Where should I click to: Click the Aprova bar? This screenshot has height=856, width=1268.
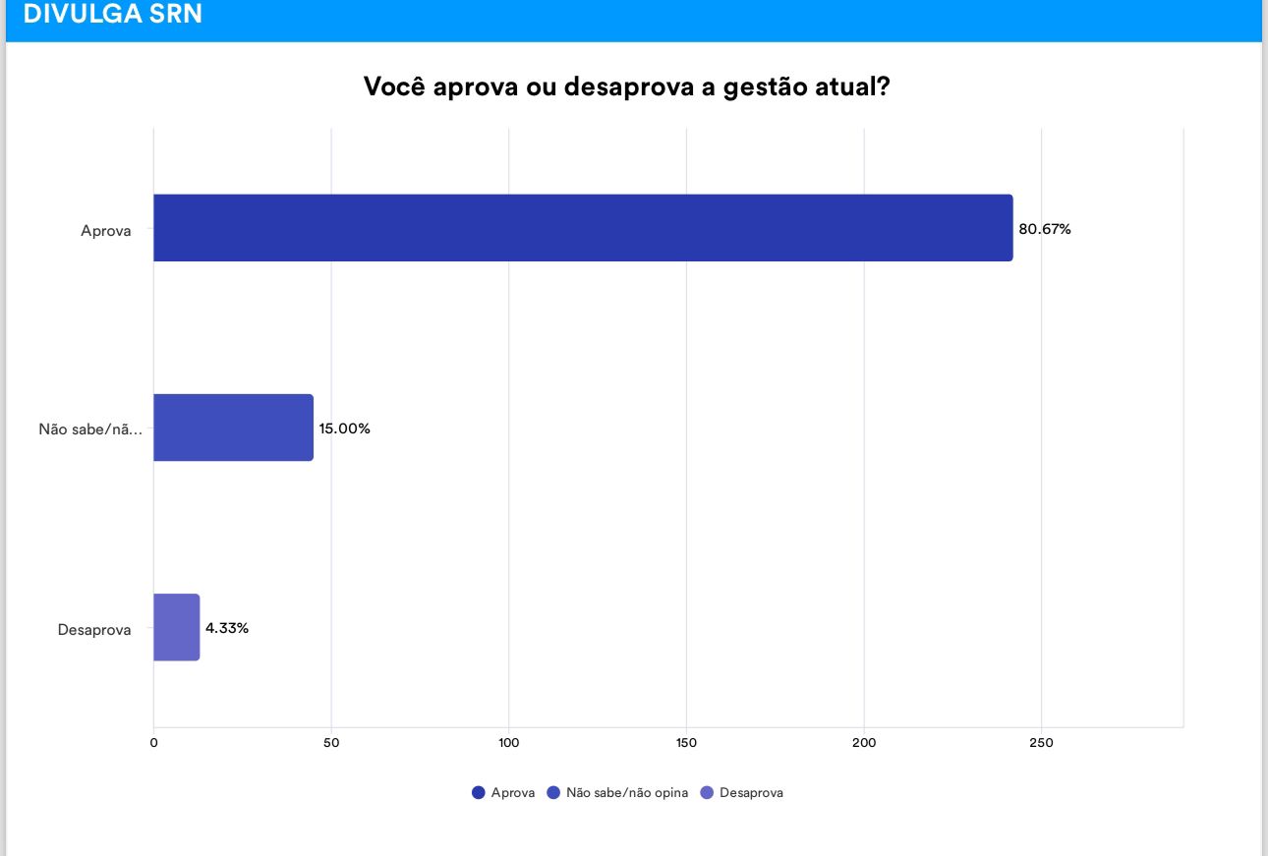(583, 228)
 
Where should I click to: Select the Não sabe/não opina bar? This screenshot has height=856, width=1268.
(233, 428)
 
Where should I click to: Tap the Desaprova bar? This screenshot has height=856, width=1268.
(177, 627)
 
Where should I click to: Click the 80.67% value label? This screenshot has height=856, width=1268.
(1044, 229)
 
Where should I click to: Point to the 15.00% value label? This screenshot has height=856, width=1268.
(344, 428)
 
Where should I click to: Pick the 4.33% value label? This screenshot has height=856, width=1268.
(227, 628)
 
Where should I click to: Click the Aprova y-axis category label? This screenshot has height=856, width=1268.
(106, 232)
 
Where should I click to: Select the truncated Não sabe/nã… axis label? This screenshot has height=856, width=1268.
(90, 429)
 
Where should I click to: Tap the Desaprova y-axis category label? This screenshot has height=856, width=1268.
(94, 630)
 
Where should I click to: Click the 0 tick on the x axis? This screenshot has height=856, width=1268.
(153, 743)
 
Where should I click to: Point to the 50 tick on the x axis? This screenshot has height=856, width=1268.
(331, 743)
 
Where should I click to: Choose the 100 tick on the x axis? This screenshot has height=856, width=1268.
(508, 743)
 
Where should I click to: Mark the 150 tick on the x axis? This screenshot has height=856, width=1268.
(686, 743)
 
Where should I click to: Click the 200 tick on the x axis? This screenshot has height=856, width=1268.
(864, 743)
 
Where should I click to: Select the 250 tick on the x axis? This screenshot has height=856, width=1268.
(1041, 743)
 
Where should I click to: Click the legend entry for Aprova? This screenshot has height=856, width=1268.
(503, 792)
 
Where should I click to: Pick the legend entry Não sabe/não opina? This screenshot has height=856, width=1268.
(617, 792)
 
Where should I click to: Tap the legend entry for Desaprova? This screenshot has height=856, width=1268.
(742, 792)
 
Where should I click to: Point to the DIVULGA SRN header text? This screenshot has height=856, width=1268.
(112, 15)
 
